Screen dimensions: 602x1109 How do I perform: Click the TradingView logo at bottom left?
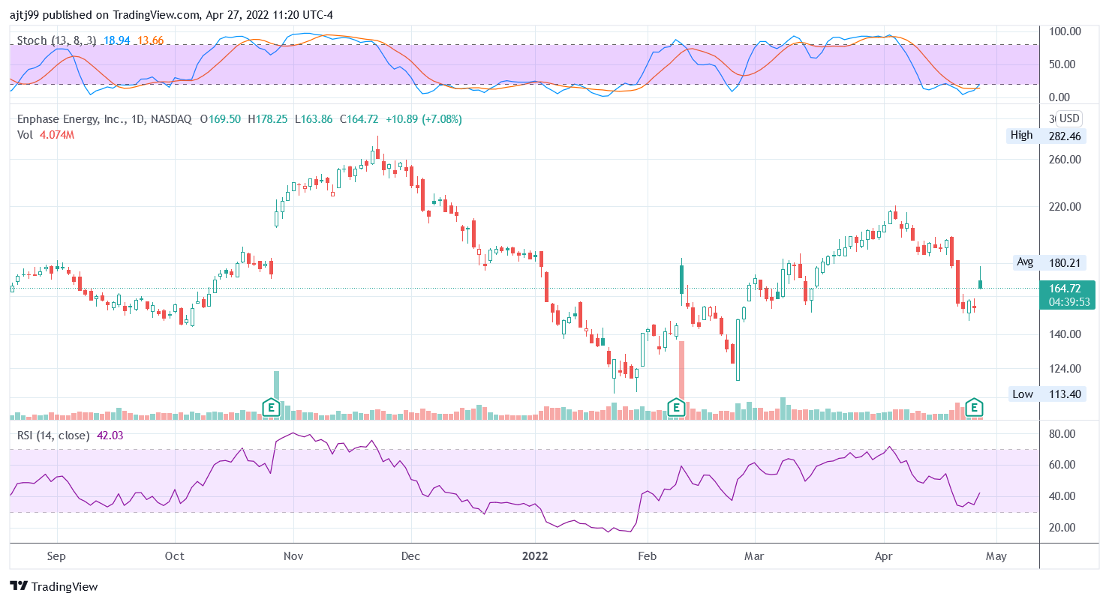click(53, 586)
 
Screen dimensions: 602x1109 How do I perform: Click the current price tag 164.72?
click(1065, 288)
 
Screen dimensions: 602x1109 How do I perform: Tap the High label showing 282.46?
click(1044, 136)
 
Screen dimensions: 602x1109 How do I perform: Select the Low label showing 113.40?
click(1044, 394)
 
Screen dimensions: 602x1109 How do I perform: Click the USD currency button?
click(1068, 118)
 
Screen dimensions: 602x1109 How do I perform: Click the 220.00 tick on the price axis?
click(1065, 207)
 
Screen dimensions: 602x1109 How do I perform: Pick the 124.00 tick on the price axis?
click(1065, 369)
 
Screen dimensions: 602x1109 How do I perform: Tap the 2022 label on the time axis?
click(535, 556)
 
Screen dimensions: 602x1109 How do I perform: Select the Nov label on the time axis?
click(293, 556)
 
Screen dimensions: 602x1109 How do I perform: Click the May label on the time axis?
click(996, 556)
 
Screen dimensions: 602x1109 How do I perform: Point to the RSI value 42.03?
click(110, 435)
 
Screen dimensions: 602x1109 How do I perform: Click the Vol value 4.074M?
click(57, 135)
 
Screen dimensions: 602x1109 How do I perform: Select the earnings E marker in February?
click(676, 408)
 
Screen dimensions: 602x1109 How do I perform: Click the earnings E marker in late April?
click(974, 407)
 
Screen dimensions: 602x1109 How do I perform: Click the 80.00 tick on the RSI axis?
click(1064, 434)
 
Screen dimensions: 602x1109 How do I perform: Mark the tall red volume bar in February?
click(681, 375)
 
